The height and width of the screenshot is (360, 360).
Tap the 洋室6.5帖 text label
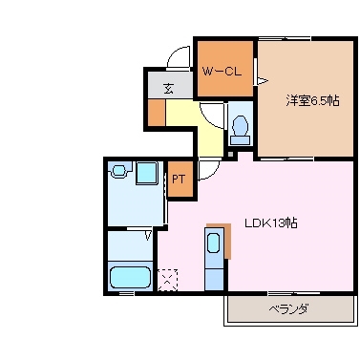[308, 100]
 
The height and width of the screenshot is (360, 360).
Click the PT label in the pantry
[179, 178]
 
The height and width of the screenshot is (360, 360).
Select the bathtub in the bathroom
[129, 278]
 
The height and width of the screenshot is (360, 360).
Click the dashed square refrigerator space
[168, 278]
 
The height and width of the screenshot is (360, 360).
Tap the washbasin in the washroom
[119, 171]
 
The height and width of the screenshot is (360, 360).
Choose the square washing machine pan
[147, 173]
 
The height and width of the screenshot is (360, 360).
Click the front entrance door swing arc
[180, 57]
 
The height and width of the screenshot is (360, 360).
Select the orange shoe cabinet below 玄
[156, 112]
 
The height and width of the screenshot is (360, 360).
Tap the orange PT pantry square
[180, 179]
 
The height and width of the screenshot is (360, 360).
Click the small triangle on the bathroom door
[148, 232]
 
